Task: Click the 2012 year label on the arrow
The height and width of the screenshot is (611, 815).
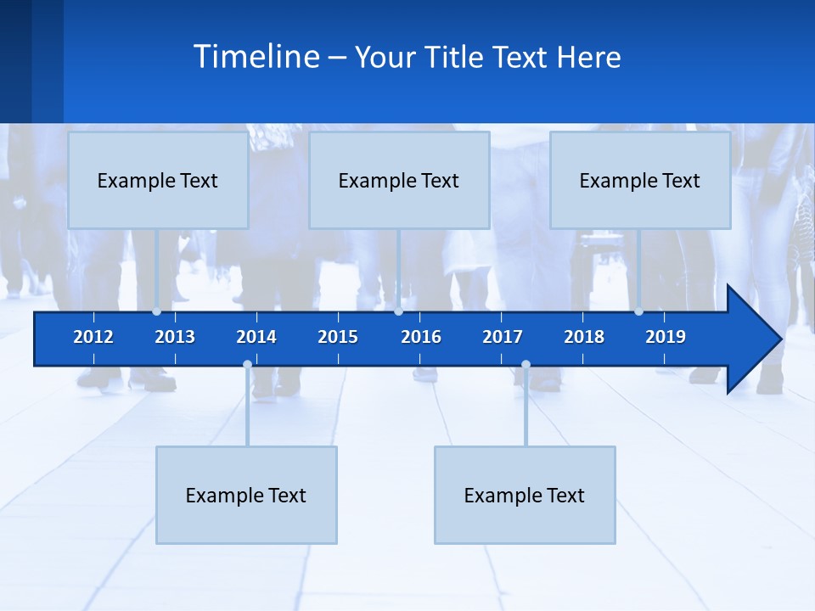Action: [x=93, y=337]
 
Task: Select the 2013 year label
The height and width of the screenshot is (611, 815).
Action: [x=175, y=337]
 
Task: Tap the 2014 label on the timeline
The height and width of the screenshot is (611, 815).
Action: [x=256, y=337]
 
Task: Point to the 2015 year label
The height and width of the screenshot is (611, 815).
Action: [x=338, y=337]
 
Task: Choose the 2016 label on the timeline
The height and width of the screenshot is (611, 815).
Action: [x=421, y=337]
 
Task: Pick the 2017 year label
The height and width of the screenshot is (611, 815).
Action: [x=503, y=337]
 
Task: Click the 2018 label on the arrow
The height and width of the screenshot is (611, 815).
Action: [x=584, y=337]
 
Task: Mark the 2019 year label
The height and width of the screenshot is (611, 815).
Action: [x=666, y=337]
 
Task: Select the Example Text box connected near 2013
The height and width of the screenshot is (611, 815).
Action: [x=158, y=180]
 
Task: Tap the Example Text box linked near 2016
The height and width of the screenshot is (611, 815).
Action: [x=399, y=180]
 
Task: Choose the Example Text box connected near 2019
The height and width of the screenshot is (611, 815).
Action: [x=640, y=180]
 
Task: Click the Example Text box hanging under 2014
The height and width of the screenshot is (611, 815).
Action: [x=246, y=495]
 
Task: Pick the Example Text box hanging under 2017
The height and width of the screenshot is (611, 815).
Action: [x=525, y=495]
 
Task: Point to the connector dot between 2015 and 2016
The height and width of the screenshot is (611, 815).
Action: [x=398, y=311]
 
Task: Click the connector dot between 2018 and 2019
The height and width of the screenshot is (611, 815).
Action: [x=638, y=311]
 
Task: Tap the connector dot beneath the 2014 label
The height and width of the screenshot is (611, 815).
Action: [x=247, y=365]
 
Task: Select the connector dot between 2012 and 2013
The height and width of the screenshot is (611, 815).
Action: [x=156, y=311]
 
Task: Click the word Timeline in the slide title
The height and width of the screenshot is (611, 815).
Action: [x=256, y=57]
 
